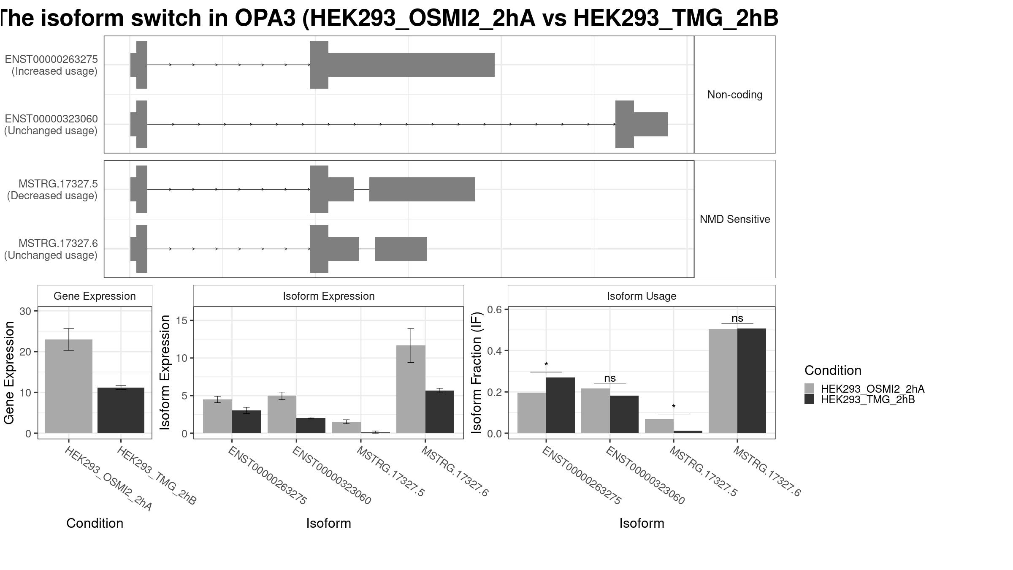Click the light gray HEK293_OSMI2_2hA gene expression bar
click(x=69, y=386)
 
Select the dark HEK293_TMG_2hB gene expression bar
click(x=121, y=410)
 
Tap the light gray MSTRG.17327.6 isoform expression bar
click(x=411, y=389)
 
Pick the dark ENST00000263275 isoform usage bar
click(x=561, y=405)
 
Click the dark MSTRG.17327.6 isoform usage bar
click(x=752, y=381)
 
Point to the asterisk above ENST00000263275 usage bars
click(x=546, y=364)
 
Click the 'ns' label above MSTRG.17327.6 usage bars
click(x=737, y=318)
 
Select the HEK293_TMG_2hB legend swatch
click(x=809, y=399)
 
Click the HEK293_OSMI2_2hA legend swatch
click(x=809, y=388)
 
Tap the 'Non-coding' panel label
click(x=735, y=95)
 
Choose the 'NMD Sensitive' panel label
click(x=735, y=219)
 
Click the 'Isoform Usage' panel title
click(x=642, y=296)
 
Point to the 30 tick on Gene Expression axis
click(x=25, y=311)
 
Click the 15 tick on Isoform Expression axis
click(x=182, y=320)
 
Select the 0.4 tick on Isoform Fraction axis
click(x=495, y=351)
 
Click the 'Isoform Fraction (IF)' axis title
click(x=476, y=372)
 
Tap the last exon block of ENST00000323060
click(x=642, y=124)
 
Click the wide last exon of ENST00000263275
click(x=402, y=65)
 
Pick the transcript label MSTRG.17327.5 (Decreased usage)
click(x=52, y=190)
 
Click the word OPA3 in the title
click(x=265, y=18)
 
